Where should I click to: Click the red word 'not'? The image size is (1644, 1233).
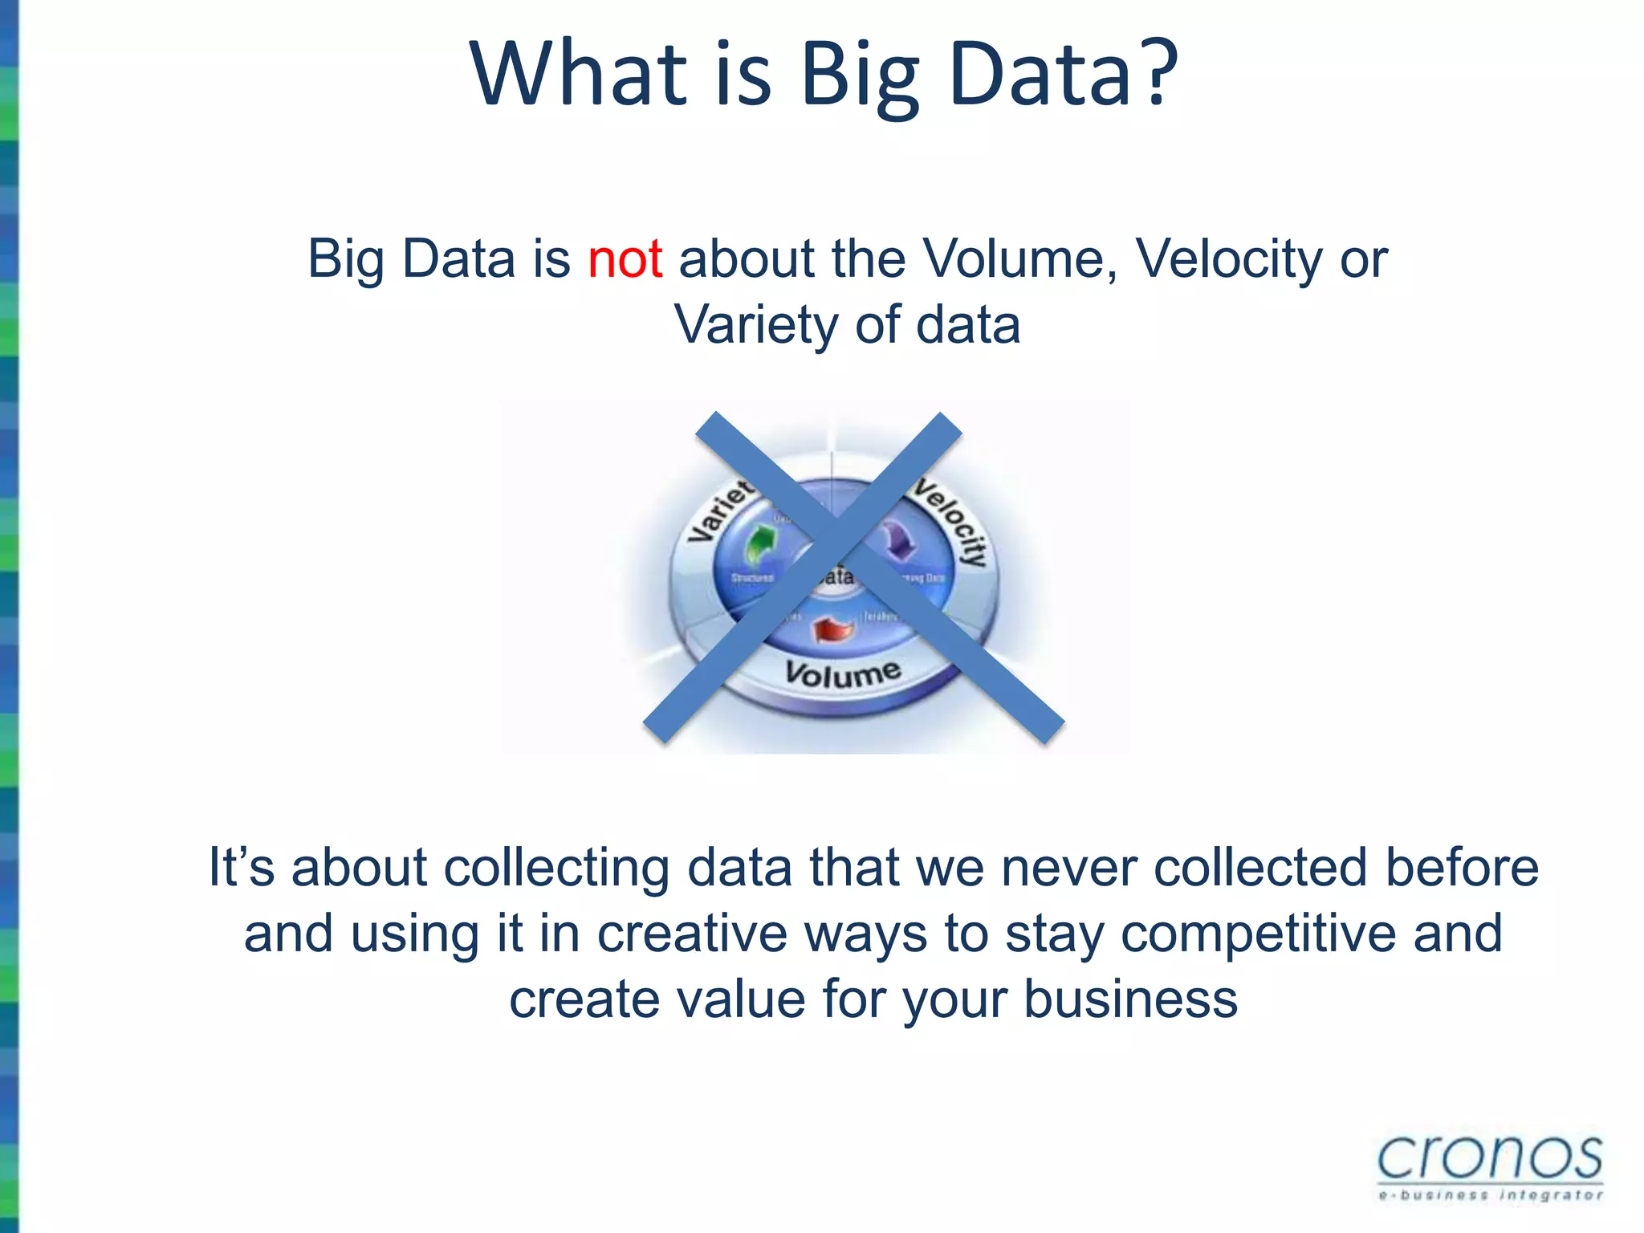tap(625, 259)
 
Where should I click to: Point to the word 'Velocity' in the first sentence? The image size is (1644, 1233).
tap(1228, 259)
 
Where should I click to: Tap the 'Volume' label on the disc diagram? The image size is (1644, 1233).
tap(843, 673)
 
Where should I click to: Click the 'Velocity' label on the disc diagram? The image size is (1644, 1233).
tap(953, 522)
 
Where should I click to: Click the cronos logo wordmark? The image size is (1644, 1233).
tap(1490, 1158)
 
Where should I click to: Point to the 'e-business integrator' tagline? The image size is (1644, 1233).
tap(1490, 1195)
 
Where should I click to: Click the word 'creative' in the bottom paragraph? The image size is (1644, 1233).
tap(692, 934)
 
